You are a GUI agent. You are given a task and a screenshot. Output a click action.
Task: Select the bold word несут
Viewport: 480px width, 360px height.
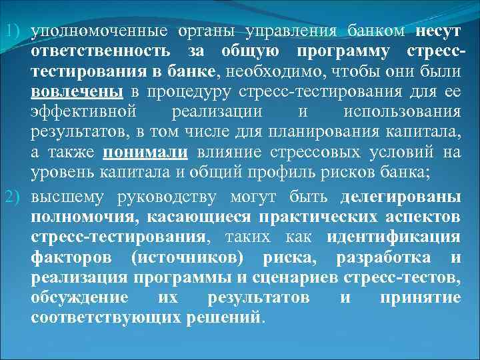pos(437,31)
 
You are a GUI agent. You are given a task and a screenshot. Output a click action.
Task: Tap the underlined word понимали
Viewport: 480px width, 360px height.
pos(146,152)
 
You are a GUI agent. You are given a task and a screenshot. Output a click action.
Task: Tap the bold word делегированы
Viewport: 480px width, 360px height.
pos(400,197)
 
